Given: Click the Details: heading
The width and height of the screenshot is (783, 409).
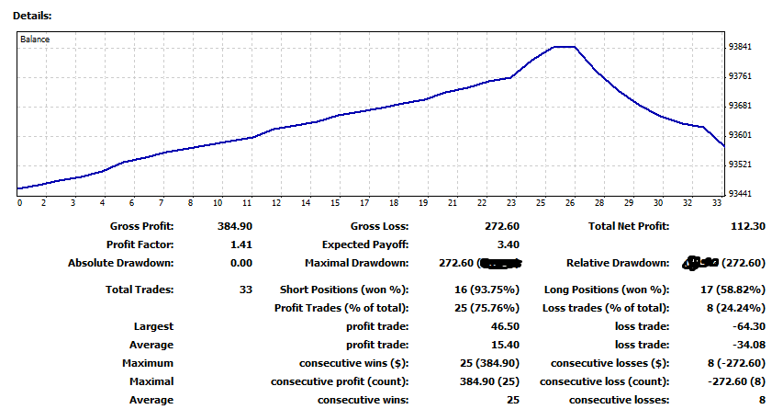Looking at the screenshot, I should (32, 17).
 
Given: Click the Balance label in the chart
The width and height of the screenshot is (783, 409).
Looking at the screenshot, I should (36, 40).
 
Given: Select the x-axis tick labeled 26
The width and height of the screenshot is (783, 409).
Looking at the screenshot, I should (570, 203).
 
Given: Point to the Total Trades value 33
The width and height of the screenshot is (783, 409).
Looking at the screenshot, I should (245, 290).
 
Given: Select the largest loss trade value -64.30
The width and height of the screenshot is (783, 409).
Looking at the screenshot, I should (747, 326).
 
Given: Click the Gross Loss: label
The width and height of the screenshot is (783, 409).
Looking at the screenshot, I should (379, 226).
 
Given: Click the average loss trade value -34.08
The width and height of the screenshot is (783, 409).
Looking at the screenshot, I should (747, 345).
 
